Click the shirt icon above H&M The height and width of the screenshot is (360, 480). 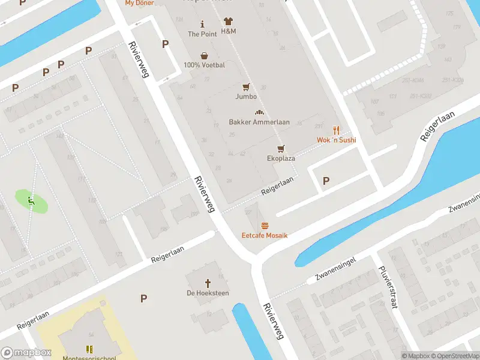(x=228, y=21)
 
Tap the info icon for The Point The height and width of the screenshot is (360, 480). (x=202, y=24)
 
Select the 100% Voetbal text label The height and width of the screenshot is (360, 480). (x=205, y=65)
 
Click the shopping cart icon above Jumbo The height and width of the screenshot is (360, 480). (x=246, y=87)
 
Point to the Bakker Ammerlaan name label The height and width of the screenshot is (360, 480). (x=259, y=122)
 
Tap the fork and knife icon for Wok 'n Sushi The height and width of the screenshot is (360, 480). (x=336, y=130)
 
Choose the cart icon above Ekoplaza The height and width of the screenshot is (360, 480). (x=280, y=148)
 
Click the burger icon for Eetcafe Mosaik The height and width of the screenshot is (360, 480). (x=265, y=226)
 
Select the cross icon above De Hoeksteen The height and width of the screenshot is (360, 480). (x=208, y=283)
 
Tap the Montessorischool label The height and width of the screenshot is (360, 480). (x=89, y=358)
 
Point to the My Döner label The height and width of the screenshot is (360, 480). (x=139, y=3)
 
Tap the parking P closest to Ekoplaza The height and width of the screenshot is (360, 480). (x=326, y=181)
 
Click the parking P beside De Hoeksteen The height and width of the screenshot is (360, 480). (x=143, y=298)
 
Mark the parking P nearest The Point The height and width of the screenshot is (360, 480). (x=165, y=44)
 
